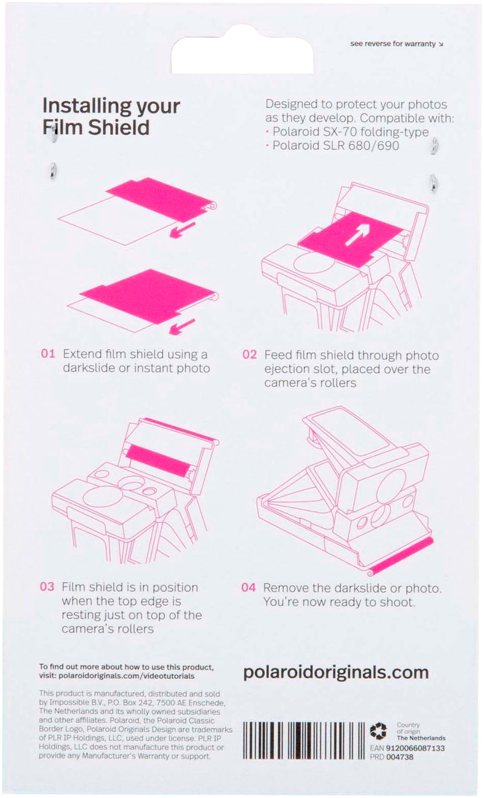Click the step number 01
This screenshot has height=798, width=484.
click(x=48, y=354)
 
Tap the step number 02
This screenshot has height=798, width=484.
click(x=250, y=354)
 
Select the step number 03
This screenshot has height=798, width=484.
click(x=47, y=587)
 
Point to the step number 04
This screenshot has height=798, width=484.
click(x=249, y=587)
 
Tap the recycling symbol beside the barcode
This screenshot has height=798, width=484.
click(x=379, y=730)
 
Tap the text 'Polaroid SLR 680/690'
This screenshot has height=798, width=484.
click(x=336, y=145)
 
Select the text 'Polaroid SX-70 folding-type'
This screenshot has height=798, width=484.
click(x=350, y=132)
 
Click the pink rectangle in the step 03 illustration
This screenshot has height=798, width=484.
click(x=157, y=460)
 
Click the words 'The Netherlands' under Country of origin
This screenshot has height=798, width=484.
click(x=421, y=738)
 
